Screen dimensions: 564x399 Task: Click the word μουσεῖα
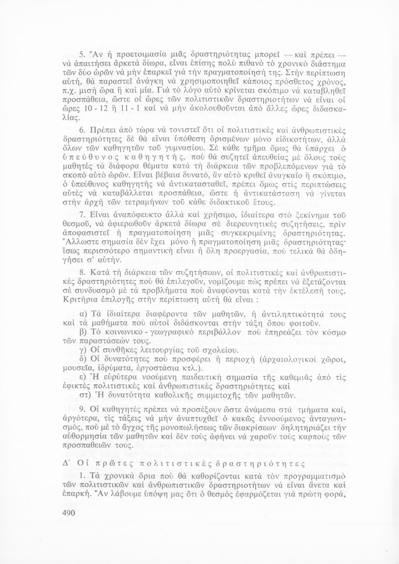(77, 369)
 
